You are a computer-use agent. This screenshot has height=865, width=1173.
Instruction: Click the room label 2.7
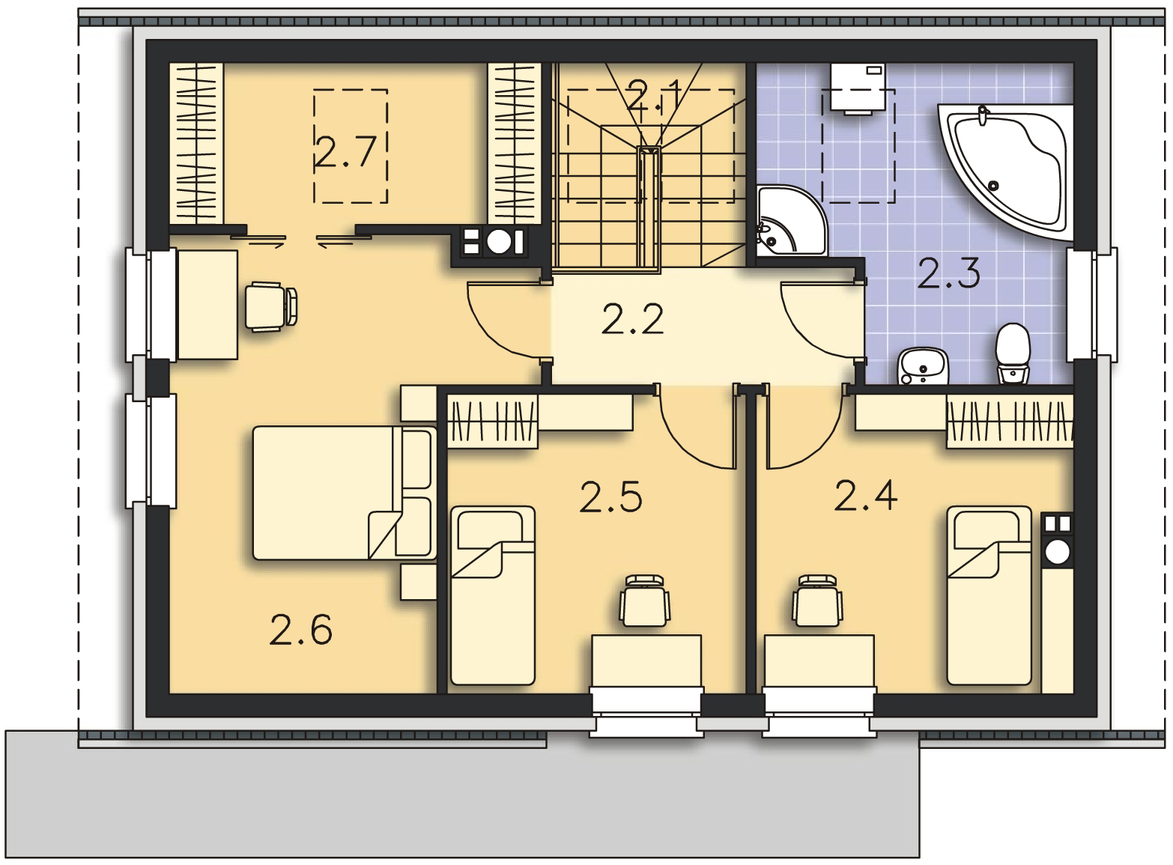(x=345, y=152)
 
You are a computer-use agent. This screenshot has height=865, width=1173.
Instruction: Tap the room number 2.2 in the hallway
(x=633, y=318)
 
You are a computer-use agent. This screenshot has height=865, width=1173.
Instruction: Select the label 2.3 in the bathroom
(x=948, y=273)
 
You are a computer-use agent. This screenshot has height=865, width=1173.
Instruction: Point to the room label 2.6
(x=300, y=629)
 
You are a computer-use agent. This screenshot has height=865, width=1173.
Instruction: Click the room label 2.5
(x=610, y=497)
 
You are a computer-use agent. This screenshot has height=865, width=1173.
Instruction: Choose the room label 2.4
(x=866, y=495)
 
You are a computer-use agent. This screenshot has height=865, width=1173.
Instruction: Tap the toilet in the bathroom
(x=1013, y=353)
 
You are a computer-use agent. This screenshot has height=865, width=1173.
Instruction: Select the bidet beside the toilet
(x=923, y=365)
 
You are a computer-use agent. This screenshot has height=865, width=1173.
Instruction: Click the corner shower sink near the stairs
(x=791, y=221)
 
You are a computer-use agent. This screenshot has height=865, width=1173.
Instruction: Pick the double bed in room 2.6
(x=345, y=493)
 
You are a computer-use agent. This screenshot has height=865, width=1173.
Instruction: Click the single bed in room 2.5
(x=492, y=595)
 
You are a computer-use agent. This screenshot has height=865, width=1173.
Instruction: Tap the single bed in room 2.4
(x=989, y=595)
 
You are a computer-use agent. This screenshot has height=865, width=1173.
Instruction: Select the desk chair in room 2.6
(x=271, y=307)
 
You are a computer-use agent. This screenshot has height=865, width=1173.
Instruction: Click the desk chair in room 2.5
(x=645, y=601)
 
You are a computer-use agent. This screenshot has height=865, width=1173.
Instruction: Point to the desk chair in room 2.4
(x=817, y=601)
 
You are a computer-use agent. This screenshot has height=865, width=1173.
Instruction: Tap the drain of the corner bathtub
(x=992, y=185)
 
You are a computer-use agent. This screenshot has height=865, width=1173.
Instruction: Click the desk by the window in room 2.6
(x=208, y=305)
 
